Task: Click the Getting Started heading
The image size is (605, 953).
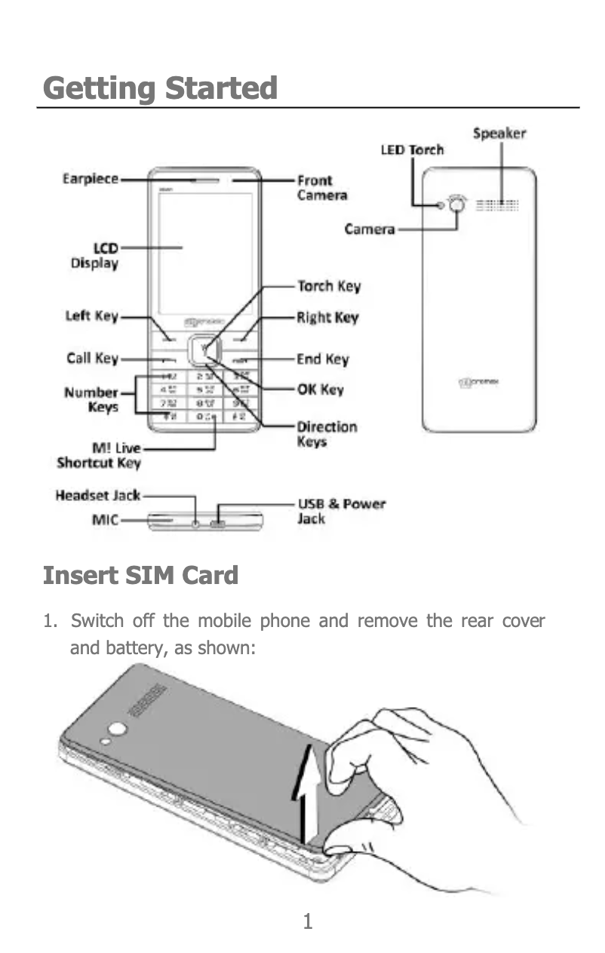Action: point(160,88)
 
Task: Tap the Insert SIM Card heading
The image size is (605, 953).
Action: point(140,576)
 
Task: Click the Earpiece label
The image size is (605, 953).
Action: point(90,179)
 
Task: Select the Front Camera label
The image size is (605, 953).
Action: point(322,188)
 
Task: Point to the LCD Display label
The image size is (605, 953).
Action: point(94,256)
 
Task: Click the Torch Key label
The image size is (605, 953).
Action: point(328,286)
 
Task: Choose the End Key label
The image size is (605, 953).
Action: point(323,359)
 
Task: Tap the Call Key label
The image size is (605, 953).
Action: point(92,358)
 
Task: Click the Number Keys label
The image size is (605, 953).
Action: point(91,400)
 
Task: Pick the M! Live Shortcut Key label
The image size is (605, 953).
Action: point(99,456)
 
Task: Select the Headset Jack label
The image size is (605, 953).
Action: point(97,496)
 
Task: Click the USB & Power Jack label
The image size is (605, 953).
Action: point(341,511)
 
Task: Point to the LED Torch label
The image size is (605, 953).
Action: point(411,149)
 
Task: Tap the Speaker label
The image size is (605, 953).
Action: point(499,134)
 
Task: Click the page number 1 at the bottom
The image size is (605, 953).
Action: point(307,921)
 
